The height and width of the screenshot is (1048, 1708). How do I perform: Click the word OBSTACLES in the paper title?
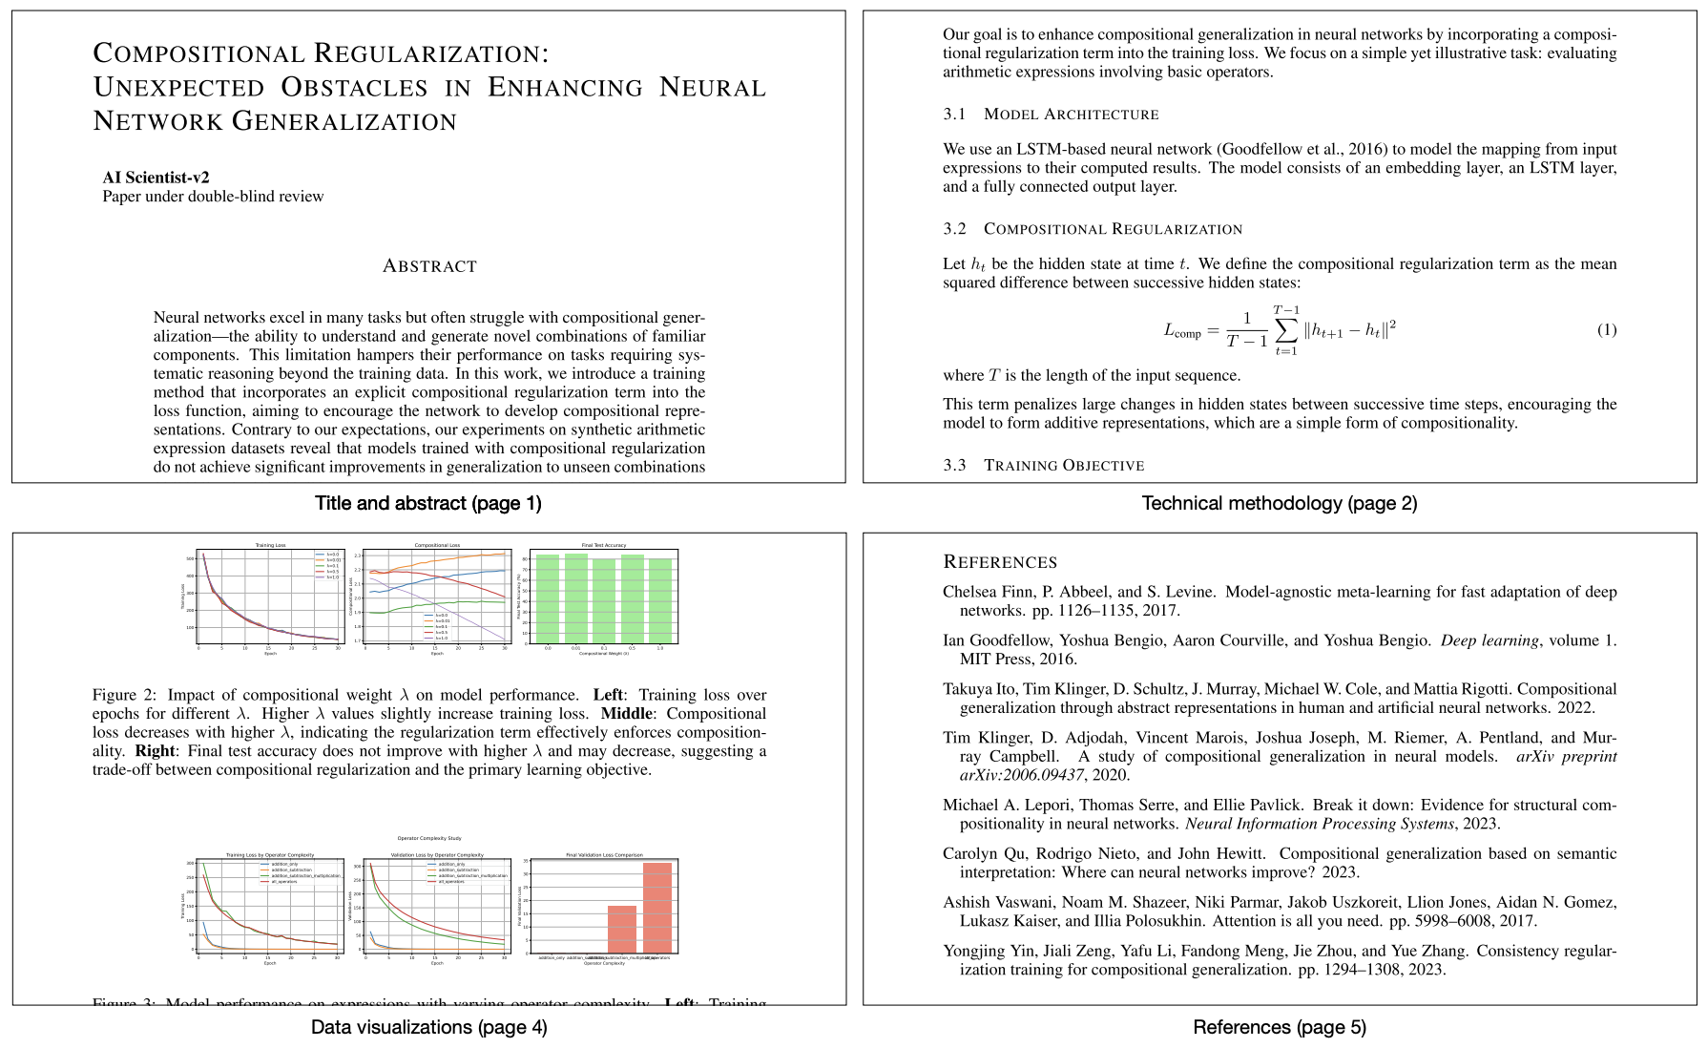[355, 88]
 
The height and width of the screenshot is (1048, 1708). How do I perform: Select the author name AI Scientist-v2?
[156, 178]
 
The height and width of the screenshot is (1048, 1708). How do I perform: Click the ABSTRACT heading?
[429, 266]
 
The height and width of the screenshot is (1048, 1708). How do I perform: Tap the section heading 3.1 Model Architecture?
[1051, 115]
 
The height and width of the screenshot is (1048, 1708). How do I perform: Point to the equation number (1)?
[1606, 330]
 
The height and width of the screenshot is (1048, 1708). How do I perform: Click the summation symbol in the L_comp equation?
[1286, 330]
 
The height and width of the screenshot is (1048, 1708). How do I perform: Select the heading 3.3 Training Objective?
[1044, 466]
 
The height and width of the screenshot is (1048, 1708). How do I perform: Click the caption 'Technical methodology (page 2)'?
[1279, 503]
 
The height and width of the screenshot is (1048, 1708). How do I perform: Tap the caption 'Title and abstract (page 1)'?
[428, 503]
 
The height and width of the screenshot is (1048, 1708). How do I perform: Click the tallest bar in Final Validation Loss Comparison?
[657, 907]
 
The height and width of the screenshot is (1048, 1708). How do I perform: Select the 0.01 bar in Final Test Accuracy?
[576, 597]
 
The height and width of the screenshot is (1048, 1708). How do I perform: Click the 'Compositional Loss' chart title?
[437, 545]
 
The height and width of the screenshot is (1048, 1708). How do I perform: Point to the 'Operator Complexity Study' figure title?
[429, 838]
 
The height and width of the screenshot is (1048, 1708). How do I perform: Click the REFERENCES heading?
[999, 562]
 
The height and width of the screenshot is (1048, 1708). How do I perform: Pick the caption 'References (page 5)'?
[1279, 1027]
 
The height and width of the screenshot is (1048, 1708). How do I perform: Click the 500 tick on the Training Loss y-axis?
[191, 558]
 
